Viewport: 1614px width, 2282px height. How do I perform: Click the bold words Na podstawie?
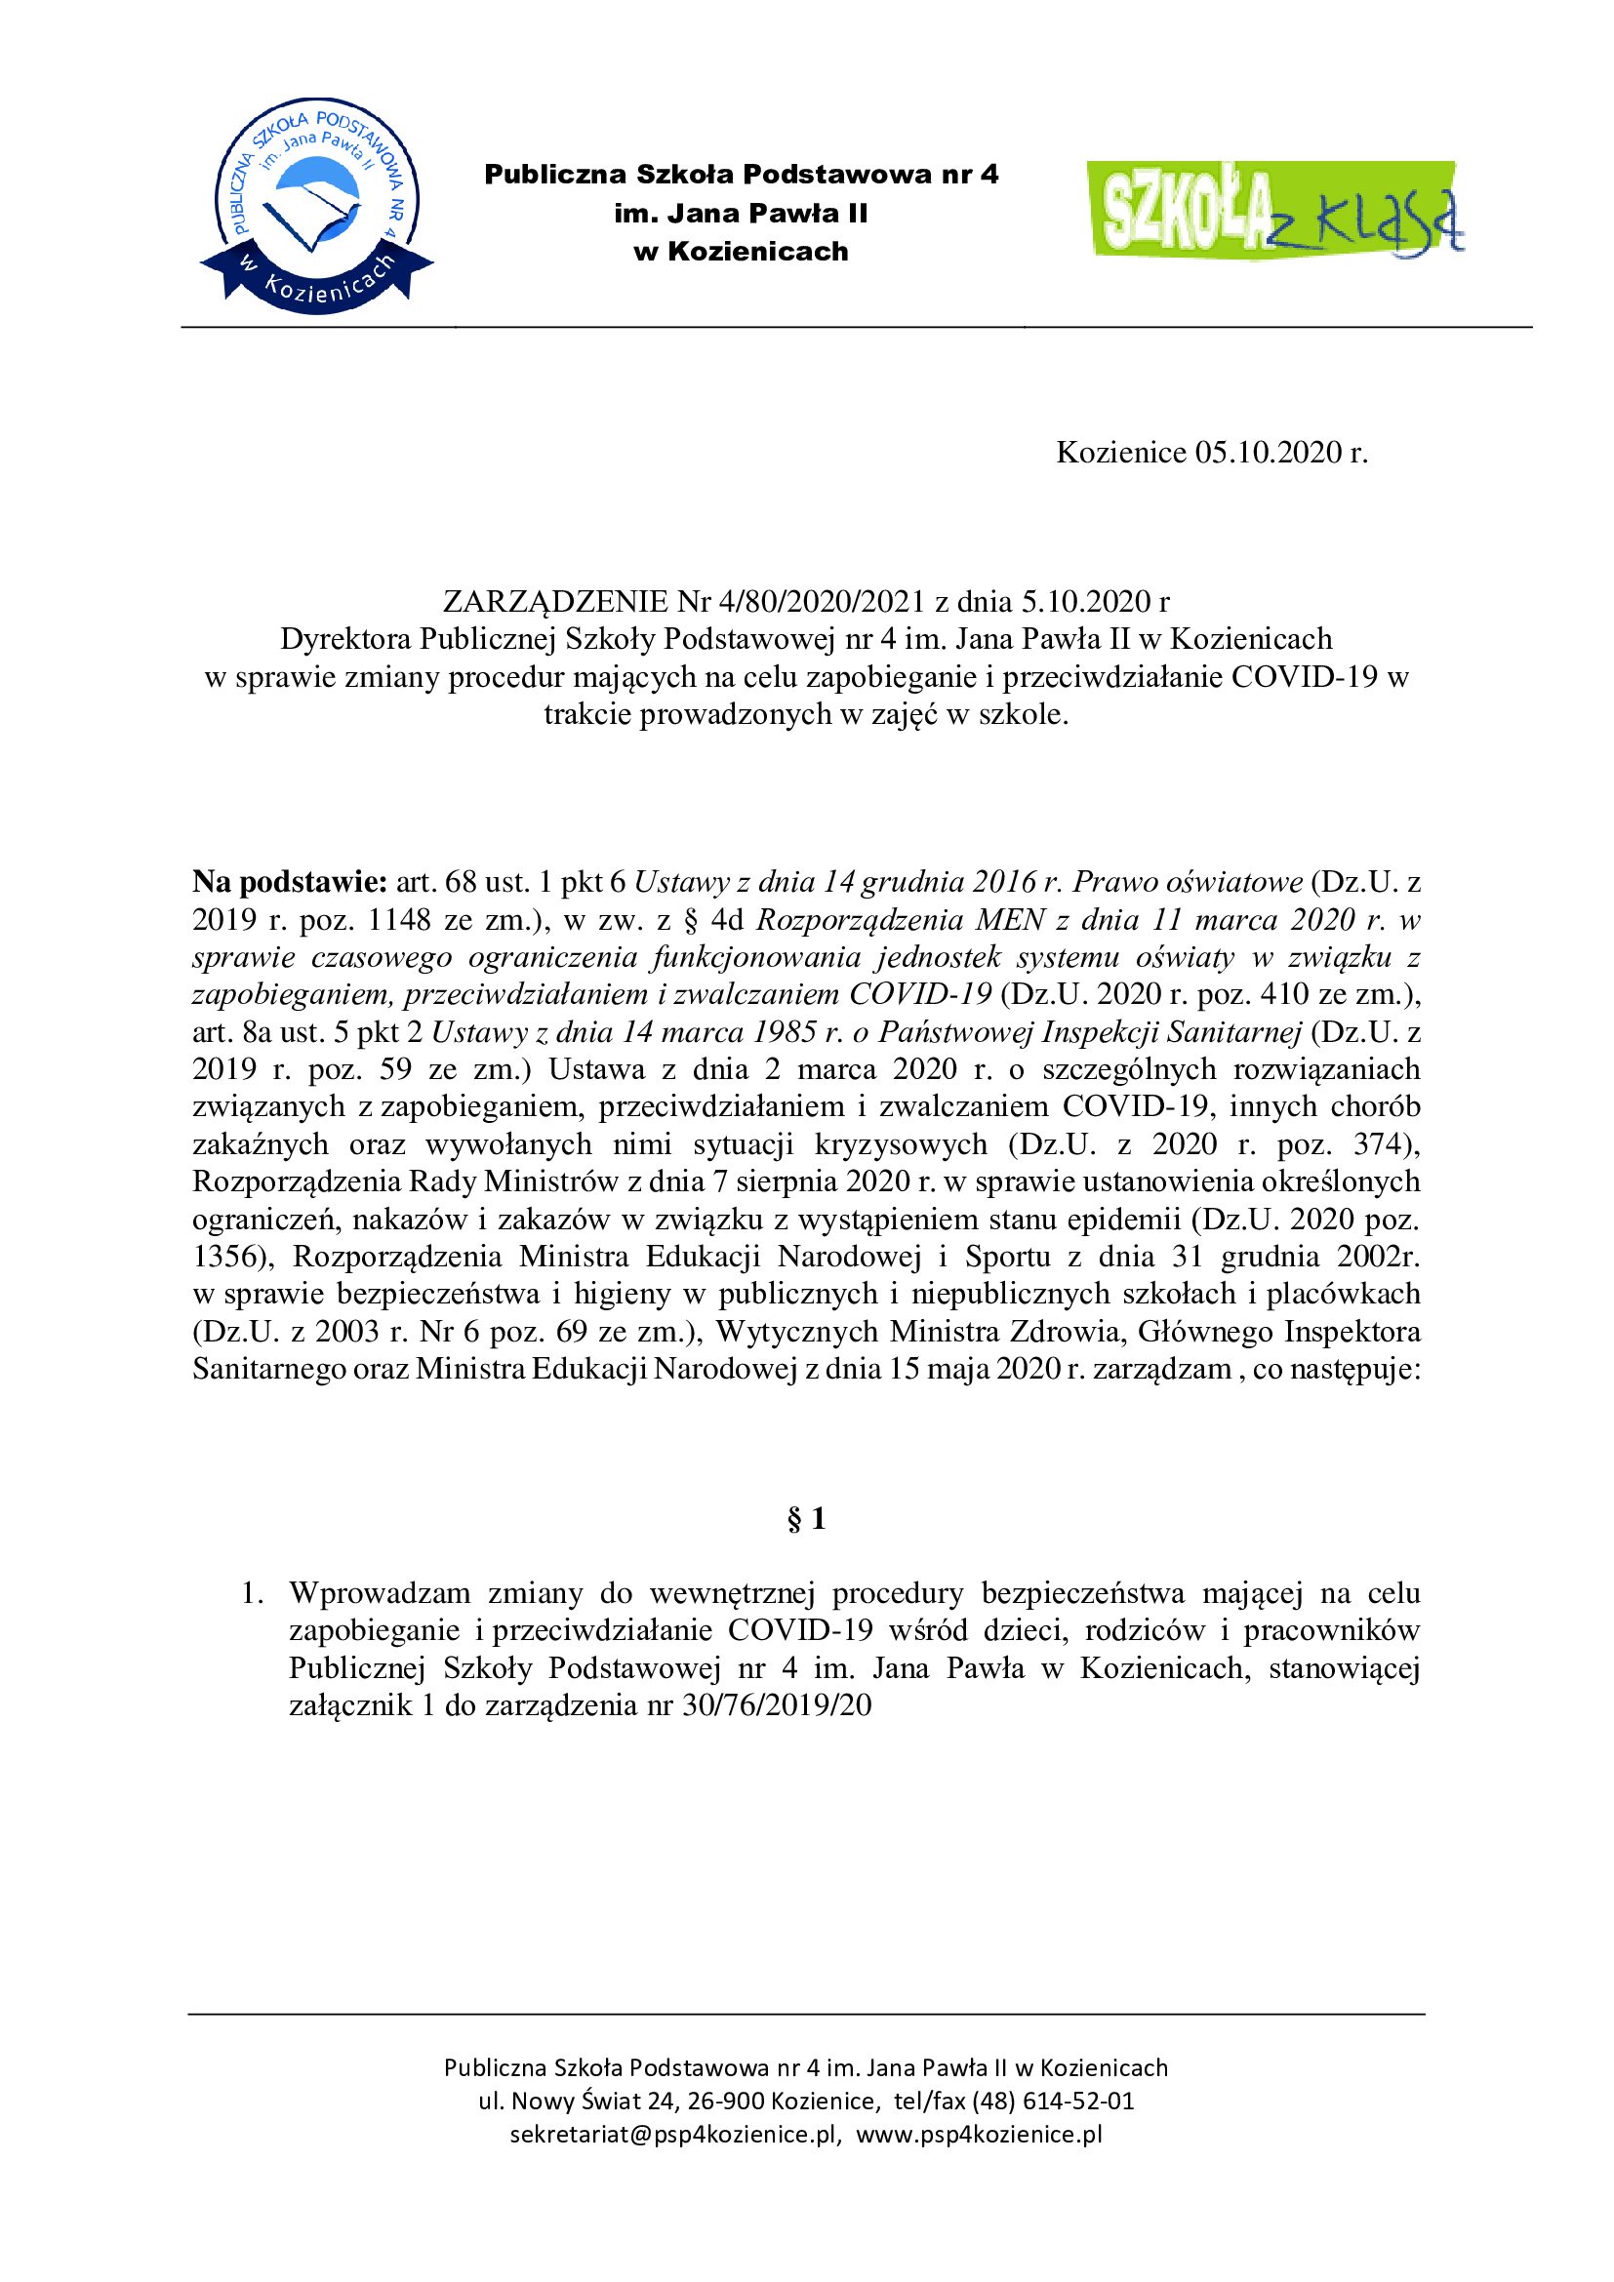pyautogui.click(x=289, y=882)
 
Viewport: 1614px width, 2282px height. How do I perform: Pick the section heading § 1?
pyautogui.click(x=806, y=1519)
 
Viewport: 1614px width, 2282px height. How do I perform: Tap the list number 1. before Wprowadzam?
pyautogui.click(x=254, y=1593)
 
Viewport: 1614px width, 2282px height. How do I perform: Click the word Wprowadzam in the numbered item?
pyautogui.click(x=379, y=1593)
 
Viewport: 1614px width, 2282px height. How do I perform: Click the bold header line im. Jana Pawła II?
pyautogui.click(x=742, y=214)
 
